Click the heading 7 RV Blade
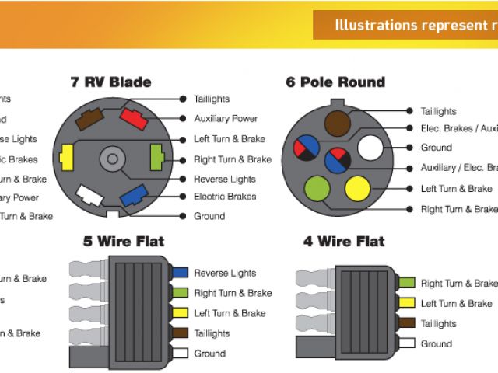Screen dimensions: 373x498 [110, 82]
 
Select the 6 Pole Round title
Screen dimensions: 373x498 [335, 82]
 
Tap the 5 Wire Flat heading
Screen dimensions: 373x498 [124, 241]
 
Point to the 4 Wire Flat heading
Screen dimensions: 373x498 [344, 242]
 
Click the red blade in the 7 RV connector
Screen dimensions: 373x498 [133, 120]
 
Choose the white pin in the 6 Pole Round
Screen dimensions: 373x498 [370, 148]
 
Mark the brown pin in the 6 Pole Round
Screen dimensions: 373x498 [337, 124]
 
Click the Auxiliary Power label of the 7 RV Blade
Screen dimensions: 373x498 [226, 119]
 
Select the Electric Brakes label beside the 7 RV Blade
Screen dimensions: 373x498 [225, 197]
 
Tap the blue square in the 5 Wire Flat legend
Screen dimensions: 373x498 [180, 273]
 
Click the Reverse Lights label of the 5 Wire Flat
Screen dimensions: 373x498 [225, 273]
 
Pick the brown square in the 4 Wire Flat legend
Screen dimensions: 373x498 [406, 323]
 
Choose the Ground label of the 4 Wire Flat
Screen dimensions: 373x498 [436, 343]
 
